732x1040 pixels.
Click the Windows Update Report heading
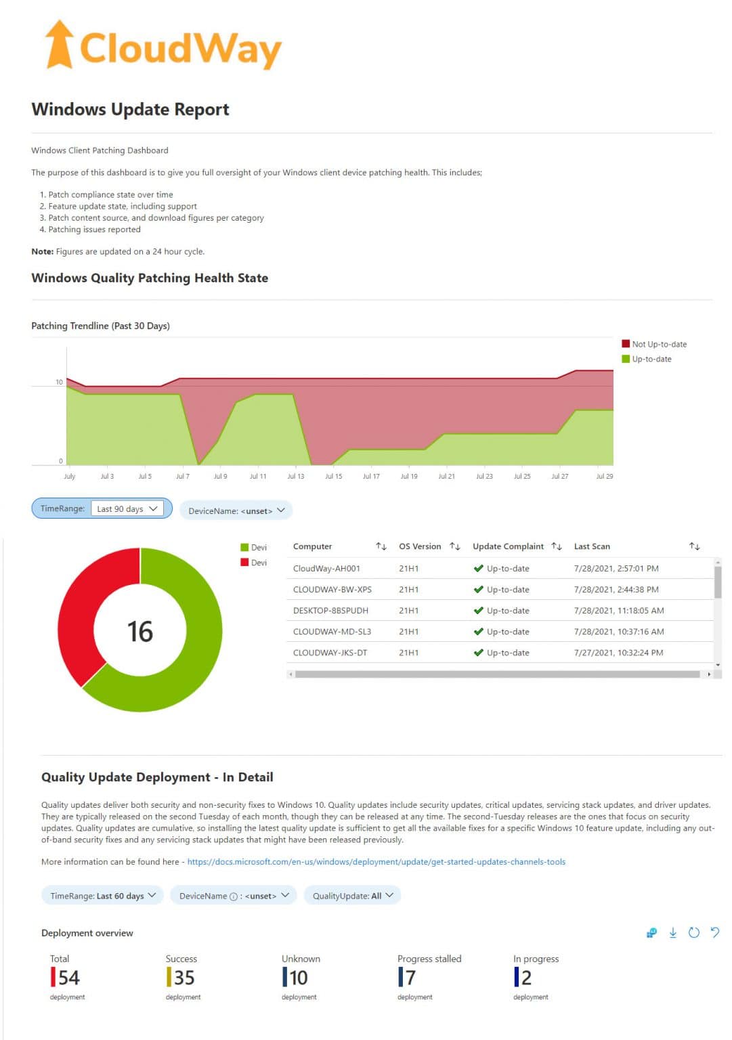130,110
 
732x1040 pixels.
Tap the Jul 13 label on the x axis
295,476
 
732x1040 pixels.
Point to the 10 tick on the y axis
59,382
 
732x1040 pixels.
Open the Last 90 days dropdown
127,508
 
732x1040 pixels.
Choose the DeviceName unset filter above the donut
236,511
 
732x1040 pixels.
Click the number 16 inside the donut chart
140,631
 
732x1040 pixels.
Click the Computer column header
312,546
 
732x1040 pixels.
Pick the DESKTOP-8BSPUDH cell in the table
330,611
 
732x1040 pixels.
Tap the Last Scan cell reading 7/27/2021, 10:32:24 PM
618,653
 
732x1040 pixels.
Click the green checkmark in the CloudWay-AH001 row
478,569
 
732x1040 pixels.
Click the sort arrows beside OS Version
455,546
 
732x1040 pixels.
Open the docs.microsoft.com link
376,862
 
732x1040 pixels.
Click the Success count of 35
184,978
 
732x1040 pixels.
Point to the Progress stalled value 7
410,978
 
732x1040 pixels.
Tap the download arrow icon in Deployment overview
672,933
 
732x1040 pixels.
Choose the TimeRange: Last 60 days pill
102,896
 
